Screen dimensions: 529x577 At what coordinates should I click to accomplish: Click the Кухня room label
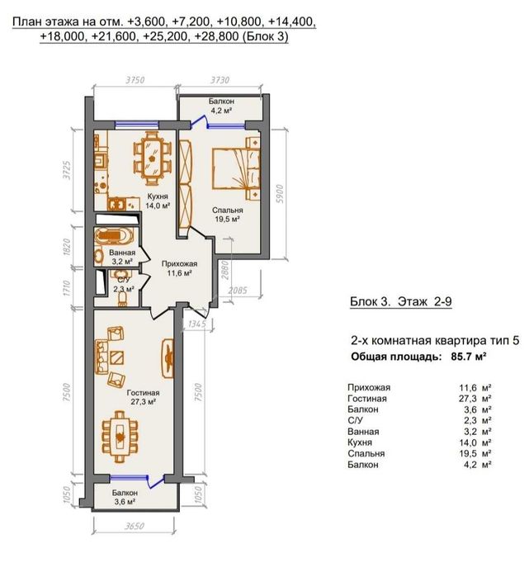(x=157, y=196)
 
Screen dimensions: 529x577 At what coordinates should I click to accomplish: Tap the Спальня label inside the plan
(x=227, y=210)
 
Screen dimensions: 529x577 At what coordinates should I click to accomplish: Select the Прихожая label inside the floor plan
(x=180, y=264)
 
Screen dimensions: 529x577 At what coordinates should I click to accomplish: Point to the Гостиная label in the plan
(x=143, y=393)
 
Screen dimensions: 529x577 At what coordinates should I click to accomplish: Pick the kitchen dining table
(x=152, y=158)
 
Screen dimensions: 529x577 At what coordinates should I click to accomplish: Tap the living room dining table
(x=120, y=437)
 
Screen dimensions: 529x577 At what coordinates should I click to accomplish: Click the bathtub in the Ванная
(x=113, y=236)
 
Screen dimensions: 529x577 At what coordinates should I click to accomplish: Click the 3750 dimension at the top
(x=135, y=80)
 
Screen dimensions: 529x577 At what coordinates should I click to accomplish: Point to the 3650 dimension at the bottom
(x=134, y=526)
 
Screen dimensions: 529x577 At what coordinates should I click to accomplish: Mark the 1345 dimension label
(x=196, y=324)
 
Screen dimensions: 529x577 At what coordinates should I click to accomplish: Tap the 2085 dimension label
(x=238, y=291)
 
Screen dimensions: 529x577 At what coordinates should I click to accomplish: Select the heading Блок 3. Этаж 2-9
(x=400, y=302)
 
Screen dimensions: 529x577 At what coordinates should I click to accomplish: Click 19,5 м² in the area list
(x=475, y=453)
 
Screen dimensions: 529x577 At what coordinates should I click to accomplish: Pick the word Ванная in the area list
(x=363, y=431)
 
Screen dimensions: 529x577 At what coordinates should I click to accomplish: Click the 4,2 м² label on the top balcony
(x=220, y=110)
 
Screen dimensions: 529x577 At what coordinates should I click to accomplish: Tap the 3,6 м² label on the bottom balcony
(x=125, y=501)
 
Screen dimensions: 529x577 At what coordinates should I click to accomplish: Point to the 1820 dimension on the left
(x=66, y=247)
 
